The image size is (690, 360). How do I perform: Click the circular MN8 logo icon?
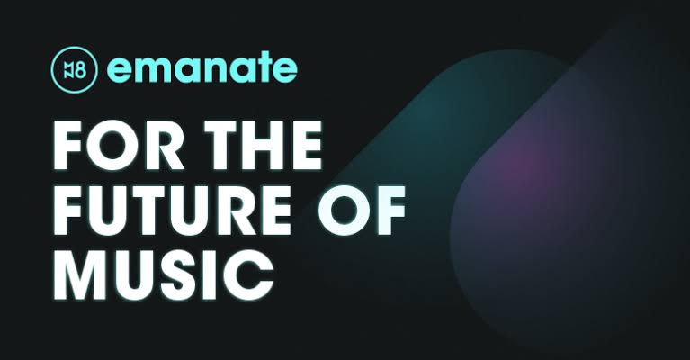(x=75, y=69)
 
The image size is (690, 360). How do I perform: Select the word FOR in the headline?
(x=119, y=145)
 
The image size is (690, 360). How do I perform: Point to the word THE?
(x=264, y=145)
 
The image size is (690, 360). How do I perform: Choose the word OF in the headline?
(x=362, y=211)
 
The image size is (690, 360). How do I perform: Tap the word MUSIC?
(x=164, y=276)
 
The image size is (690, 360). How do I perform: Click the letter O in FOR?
(x=112, y=145)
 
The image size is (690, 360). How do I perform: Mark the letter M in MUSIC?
(x=80, y=276)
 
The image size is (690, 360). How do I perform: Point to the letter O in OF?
(x=345, y=211)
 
